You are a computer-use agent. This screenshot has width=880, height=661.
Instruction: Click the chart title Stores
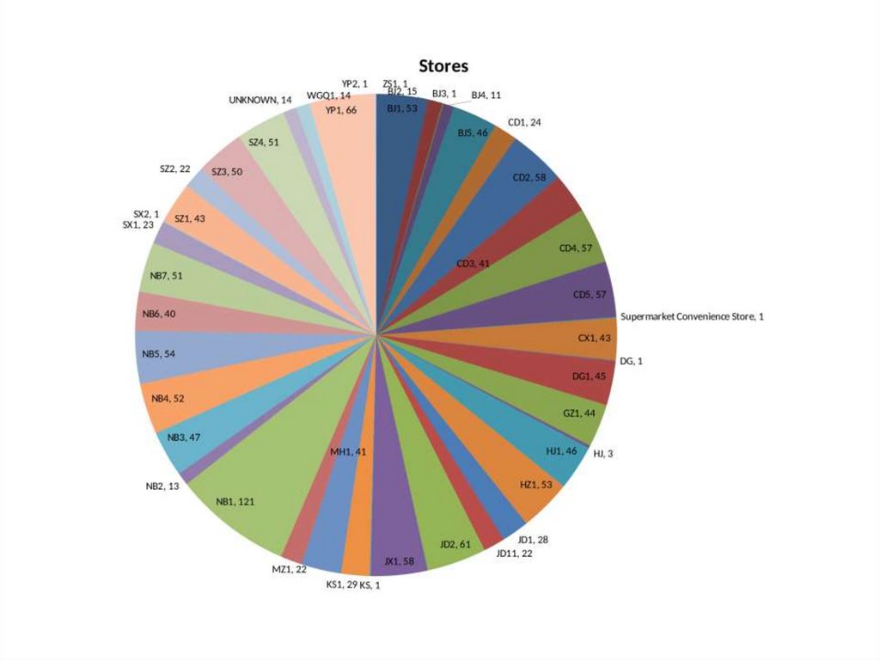click(443, 66)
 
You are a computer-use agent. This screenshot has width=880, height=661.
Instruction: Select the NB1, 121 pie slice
click(249, 490)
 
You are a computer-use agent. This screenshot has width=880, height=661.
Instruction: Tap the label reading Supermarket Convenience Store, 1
click(692, 316)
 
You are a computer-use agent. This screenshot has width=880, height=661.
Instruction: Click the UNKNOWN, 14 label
click(260, 100)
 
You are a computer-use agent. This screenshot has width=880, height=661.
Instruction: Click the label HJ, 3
click(603, 454)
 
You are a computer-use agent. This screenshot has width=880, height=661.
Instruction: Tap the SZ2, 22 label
click(174, 168)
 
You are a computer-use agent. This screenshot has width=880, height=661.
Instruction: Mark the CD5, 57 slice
click(576, 292)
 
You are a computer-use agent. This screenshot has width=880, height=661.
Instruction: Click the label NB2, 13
click(162, 487)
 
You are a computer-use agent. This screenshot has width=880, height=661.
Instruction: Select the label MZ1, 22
click(290, 568)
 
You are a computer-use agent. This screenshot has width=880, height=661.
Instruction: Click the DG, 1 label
click(631, 361)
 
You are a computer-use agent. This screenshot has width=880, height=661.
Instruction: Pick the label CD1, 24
click(524, 122)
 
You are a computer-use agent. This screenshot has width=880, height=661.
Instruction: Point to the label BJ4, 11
click(486, 95)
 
